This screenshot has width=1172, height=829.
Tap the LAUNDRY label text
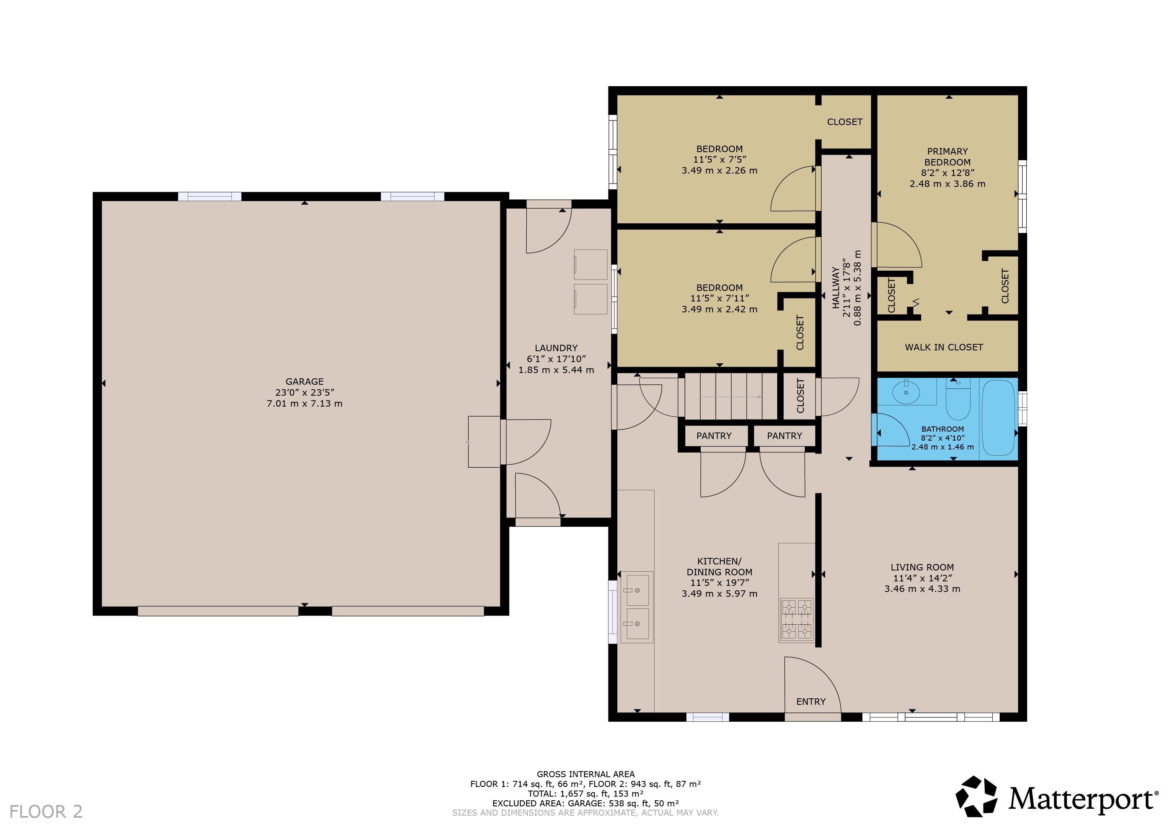(x=556, y=348)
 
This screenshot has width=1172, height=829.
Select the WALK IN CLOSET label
(x=944, y=347)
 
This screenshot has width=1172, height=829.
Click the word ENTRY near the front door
(x=811, y=702)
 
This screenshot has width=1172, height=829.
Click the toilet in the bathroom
(x=958, y=399)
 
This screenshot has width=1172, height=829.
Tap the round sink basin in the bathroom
(x=906, y=392)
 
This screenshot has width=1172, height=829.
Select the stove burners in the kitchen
(x=796, y=620)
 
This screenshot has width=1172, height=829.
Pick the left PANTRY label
(x=714, y=435)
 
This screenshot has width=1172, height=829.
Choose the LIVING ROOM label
(x=922, y=567)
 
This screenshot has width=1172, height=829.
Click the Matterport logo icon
(x=977, y=796)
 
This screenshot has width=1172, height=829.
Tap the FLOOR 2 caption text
(x=46, y=811)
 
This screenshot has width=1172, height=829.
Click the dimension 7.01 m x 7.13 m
(x=304, y=403)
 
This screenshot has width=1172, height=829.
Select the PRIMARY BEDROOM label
(x=947, y=157)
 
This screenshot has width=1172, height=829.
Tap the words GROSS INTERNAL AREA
(x=585, y=774)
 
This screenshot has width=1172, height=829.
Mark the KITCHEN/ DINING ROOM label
(x=719, y=566)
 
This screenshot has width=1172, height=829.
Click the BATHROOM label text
(x=942, y=429)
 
